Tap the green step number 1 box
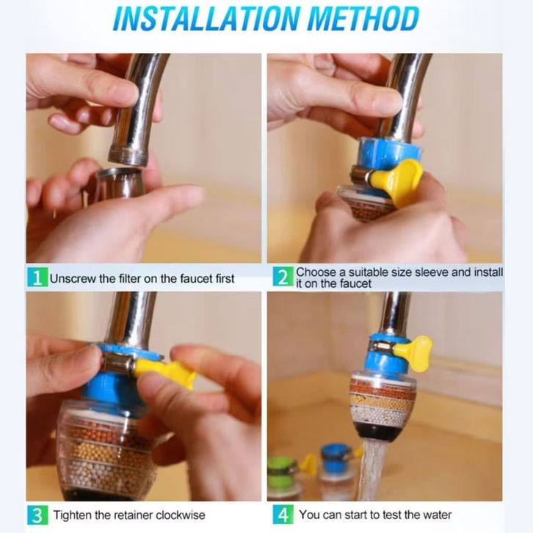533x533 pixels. pos(37,278)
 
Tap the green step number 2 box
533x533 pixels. pos(283,277)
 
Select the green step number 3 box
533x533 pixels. pos(37,515)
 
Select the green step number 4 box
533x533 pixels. pos(283,515)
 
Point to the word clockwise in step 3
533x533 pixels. pos(181,515)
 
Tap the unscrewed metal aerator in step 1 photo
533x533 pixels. pos(120,183)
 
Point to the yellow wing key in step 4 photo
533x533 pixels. pos(414,354)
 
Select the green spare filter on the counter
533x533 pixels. pos(284,478)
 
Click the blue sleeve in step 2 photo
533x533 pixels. pos(390,152)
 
